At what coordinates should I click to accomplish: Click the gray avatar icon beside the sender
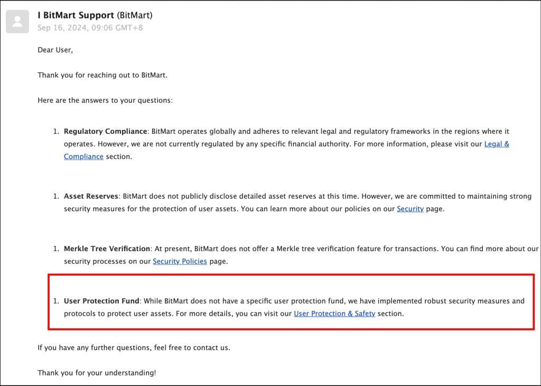17,22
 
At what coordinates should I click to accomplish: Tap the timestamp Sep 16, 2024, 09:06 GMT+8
90,27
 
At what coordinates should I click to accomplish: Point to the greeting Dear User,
55,50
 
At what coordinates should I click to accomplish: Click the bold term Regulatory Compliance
105,131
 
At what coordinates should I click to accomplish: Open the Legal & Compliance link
497,144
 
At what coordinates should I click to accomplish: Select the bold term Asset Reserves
91,196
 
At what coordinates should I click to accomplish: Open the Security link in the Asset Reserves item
410,209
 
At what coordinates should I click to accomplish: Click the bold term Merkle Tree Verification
107,249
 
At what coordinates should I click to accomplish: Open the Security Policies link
180,261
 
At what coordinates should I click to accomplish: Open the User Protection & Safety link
334,314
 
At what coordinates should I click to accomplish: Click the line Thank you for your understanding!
97,373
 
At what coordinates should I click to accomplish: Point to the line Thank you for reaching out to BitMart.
102,75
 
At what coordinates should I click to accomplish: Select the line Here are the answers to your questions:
105,100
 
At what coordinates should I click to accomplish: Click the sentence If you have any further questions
134,347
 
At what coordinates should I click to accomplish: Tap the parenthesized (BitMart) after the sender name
134,15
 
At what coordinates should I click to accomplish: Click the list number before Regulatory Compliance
55,131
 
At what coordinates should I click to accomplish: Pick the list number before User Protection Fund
55,301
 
